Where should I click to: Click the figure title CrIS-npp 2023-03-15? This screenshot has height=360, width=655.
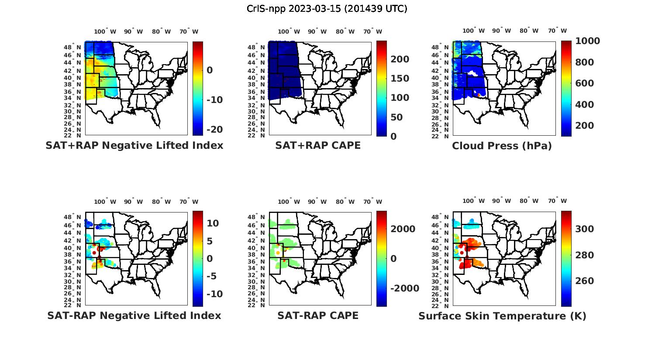point(327,8)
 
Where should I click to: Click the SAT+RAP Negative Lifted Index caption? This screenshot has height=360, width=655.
point(134,145)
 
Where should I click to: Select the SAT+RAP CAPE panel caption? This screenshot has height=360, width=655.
point(318,145)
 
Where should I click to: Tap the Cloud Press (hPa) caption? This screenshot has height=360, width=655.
point(502,146)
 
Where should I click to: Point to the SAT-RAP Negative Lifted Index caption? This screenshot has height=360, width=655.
point(134,315)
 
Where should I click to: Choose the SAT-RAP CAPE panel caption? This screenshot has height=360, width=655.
point(318,315)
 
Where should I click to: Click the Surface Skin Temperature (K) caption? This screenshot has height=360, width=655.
point(502,316)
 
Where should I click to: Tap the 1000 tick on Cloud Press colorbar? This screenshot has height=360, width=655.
point(587,41)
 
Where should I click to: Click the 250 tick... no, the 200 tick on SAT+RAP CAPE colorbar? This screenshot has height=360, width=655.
point(400,59)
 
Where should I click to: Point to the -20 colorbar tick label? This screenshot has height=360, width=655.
point(214,130)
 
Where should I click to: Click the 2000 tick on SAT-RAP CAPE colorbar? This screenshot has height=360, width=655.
point(403,229)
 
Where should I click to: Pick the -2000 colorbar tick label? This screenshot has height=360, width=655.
point(404,288)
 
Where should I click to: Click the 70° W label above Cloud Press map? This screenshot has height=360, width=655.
point(557,31)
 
